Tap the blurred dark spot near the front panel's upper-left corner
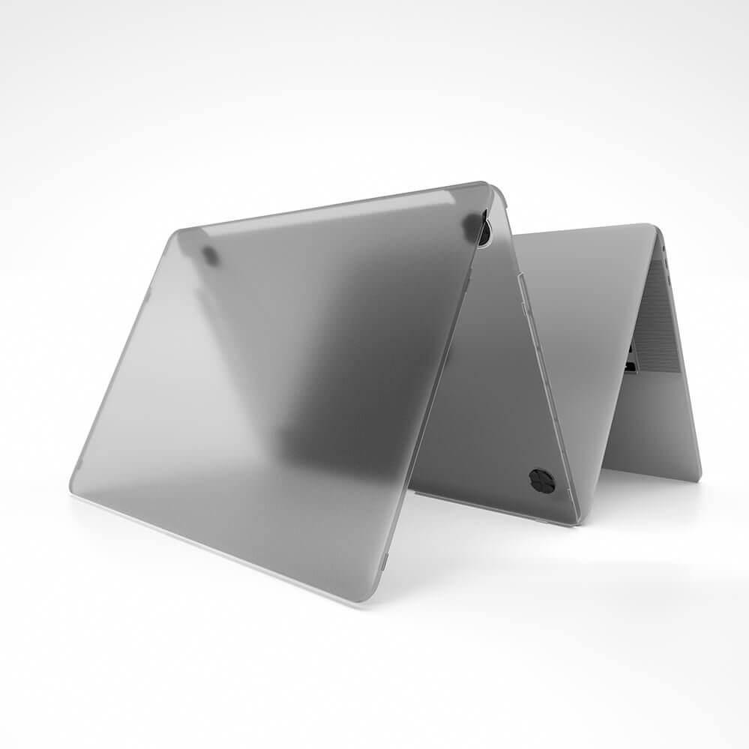click(x=211, y=256)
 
